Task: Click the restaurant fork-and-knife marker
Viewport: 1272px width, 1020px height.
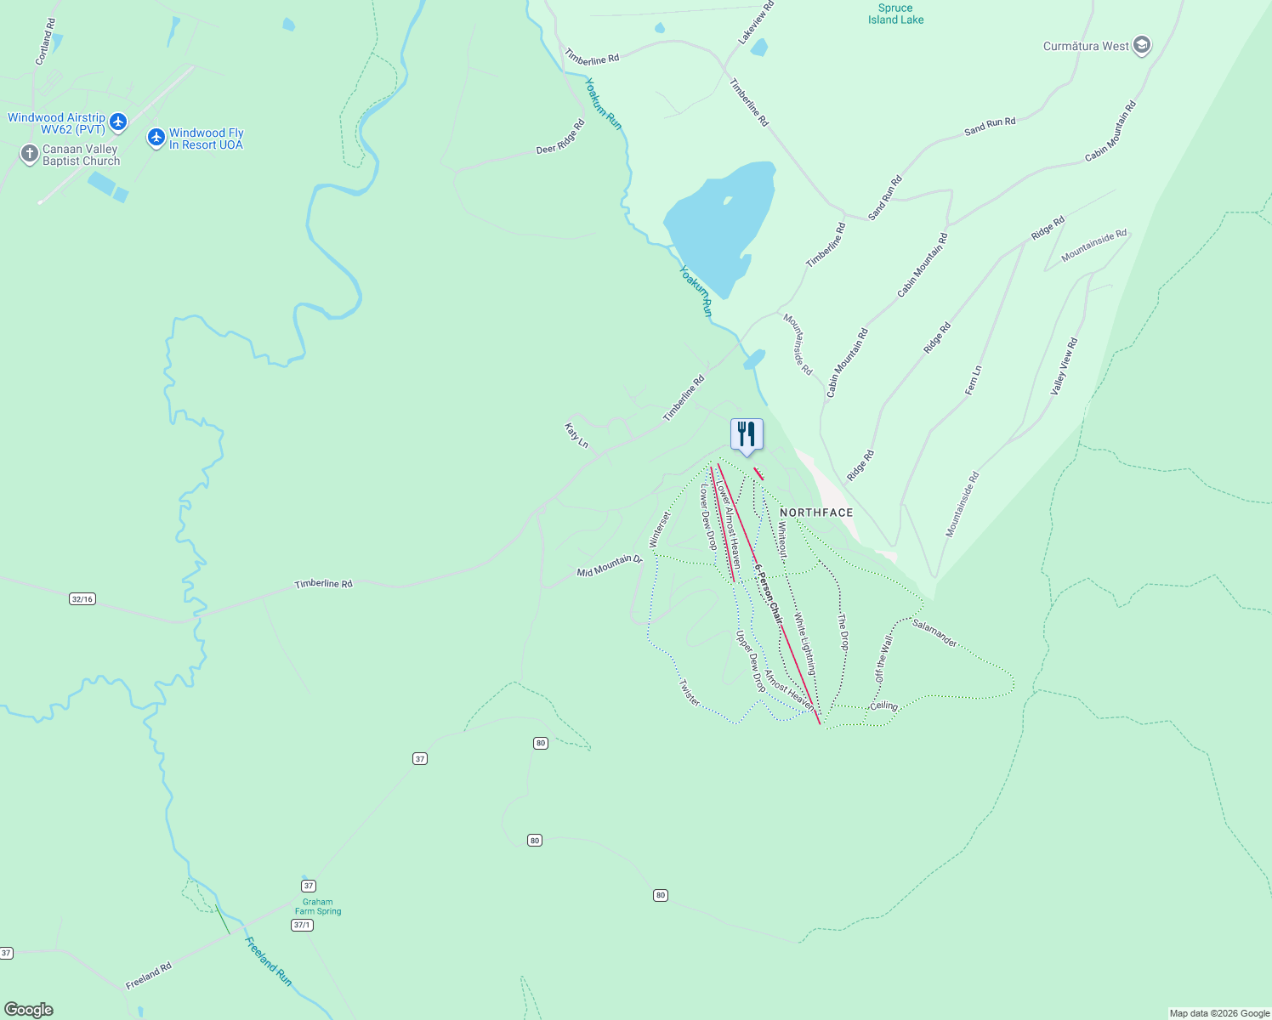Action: click(x=747, y=434)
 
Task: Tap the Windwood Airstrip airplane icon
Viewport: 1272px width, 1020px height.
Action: click(x=118, y=122)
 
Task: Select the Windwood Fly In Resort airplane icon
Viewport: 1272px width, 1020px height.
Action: click(x=156, y=137)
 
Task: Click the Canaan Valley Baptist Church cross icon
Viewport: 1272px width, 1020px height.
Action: click(x=30, y=154)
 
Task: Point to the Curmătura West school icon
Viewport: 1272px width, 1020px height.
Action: click(x=1142, y=46)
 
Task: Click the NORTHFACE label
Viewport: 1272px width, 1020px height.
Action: click(x=815, y=513)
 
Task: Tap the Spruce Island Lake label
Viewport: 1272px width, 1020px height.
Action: click(x=895, y=14)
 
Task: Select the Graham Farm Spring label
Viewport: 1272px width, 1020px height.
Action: click(x=317, y=907)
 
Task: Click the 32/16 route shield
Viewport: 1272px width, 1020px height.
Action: click(x=82, y=599)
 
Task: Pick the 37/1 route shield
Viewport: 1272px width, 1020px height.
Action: click(x=302, y=925)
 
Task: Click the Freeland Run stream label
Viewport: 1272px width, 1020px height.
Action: click(x=268, y=961)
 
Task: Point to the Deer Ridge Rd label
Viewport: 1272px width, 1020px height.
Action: click(x=560, y=138)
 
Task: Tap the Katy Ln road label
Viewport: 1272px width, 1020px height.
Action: click(x=576, y=434)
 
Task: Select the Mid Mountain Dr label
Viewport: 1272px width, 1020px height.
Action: click(x=609, y=566)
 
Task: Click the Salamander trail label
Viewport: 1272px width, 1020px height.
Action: click(x=934, y=633)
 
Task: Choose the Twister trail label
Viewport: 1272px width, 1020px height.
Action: click(x=690, y=693)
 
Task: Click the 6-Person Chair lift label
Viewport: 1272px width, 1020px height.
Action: click(x=768, y=594)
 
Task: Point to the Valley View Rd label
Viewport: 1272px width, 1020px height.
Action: click(x=1064, y=366)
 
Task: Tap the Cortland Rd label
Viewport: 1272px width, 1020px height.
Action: click(x=45, y=42)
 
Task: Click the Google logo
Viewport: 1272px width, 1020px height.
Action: click(x=29, y=1009)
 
